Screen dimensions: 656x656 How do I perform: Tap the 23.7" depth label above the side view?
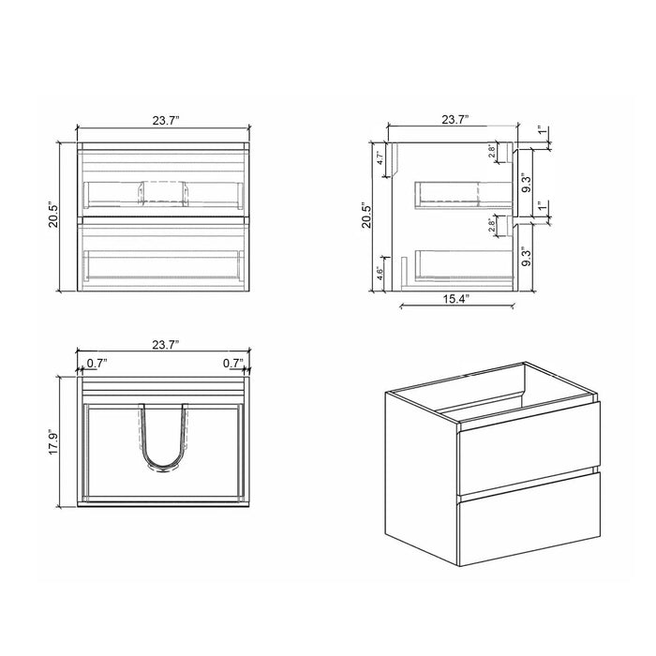454,120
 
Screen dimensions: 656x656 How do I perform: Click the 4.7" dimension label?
380,157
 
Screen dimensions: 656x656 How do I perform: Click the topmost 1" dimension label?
542,132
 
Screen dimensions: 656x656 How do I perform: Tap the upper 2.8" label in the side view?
493,151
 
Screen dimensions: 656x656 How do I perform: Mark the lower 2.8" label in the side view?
493,226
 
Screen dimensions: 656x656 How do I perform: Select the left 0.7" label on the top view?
96,362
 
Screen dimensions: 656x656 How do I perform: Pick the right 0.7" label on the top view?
232,362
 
